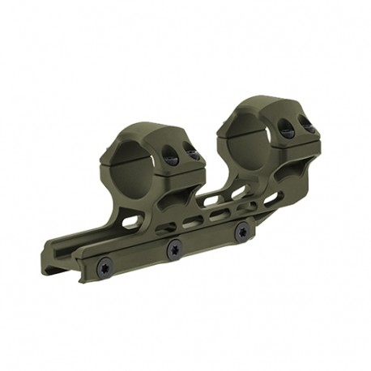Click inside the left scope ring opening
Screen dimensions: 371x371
tap(134, 166)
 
